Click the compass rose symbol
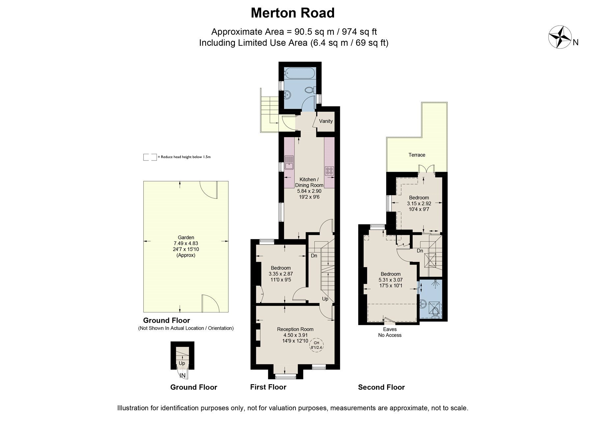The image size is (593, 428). tap(559, 37)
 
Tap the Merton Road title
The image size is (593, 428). tap(293, 13)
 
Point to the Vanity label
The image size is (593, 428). tap(326, 121)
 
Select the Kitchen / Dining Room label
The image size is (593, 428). tap(309, 182)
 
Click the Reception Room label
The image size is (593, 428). tap(295, 329)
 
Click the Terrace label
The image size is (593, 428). tap(417, 155)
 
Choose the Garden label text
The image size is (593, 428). tap(186, 237)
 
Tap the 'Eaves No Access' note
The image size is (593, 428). tap(390, 332)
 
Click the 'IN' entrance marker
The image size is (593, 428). tap(183, 375)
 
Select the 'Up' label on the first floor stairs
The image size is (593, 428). tap(325, 299)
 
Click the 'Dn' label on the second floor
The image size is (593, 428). tap(420, 251)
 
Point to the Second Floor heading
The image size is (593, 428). tap(381, 387)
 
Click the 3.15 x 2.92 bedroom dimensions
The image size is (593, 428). tap(419, 204)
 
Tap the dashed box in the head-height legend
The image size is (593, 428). tap(150, 157)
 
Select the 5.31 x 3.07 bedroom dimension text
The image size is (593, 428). tap(391, 280)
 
